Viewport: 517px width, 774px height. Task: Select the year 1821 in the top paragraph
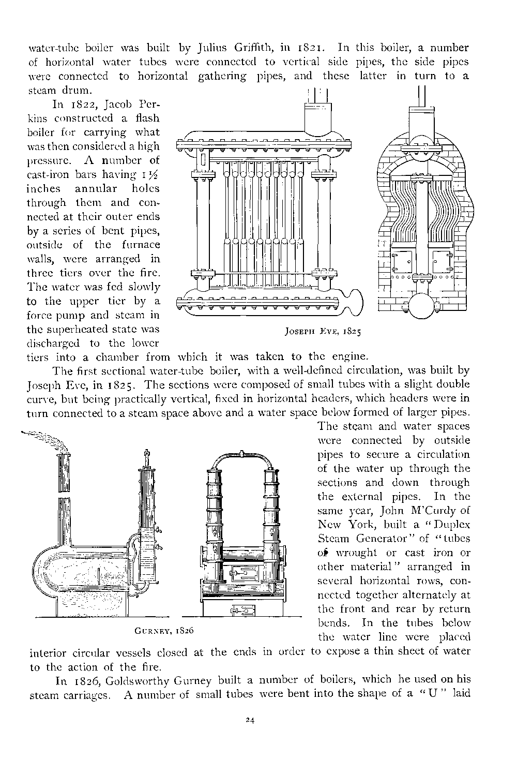pyautogui.click(x=309, y=48)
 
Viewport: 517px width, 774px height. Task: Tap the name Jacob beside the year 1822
pyautogui.click(x=118, y=105)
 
